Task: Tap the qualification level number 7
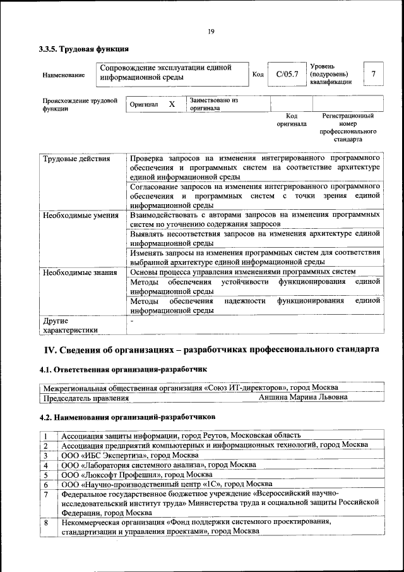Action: [x=373, y=75]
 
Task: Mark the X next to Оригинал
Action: [x=171, y=104]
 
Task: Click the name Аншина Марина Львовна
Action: [x=303, y=398]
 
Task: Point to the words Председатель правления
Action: [x=85, y=398]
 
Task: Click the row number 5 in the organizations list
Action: [x=46, y=474]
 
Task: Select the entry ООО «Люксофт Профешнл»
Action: [x=136, y=474]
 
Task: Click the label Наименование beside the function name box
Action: [x=63, y=75]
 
